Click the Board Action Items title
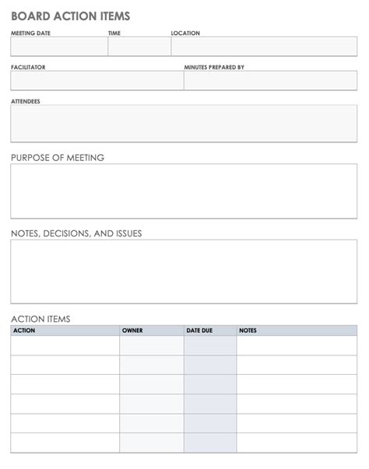[71, 16]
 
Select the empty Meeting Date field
[59, 47]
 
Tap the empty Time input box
[139, 47]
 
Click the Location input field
[264, 47]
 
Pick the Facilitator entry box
[97, 81]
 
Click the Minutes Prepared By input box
[270, 81]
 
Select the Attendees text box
[184, 124]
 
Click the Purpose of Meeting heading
[58, 158]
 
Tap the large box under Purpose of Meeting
[184, 191]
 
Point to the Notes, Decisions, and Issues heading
[76, 233]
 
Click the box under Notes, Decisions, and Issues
[184, 271]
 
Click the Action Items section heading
[40, 319]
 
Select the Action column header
[25, 331]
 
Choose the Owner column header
[132, 331]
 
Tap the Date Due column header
[199, 331]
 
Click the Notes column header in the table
[248, 331]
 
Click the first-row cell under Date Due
[210, 345]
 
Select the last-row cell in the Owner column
[152, 443]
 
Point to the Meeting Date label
[31, 33]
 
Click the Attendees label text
[26, 102]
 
